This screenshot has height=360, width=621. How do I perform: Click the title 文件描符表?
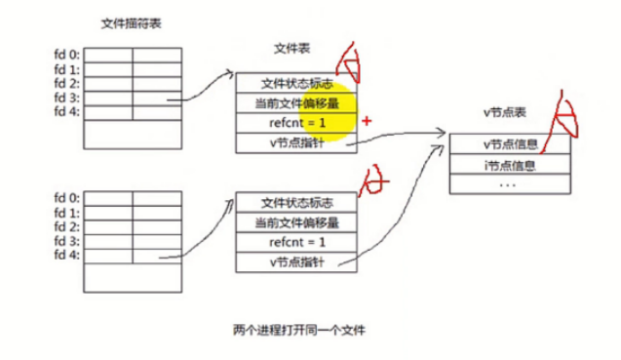129,22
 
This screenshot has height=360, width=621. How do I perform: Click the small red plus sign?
367,122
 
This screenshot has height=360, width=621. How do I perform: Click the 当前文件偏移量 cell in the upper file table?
297,102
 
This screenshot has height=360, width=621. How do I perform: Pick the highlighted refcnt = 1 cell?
297,123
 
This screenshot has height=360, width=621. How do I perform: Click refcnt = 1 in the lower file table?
297,242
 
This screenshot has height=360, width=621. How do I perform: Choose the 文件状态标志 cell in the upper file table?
297,83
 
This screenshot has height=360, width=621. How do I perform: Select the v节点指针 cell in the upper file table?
297,143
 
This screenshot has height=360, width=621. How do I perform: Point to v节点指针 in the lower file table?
297,262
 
